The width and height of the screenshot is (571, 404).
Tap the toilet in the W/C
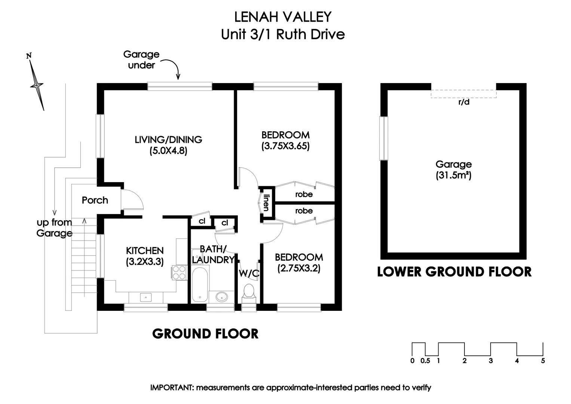tap(249, 292)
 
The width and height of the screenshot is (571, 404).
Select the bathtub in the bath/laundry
tap(200, 284)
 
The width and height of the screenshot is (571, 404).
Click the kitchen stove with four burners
tap(179, 272)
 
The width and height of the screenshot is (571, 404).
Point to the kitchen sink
tap(146, 297)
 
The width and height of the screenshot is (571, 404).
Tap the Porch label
tap(95, 200)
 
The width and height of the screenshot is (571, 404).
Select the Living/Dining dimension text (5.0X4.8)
tap(168, 151)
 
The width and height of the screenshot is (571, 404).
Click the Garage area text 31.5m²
tap(453, 175)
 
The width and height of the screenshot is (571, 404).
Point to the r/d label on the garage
tap(464, 102)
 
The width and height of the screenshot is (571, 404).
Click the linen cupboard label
tap(266, 202)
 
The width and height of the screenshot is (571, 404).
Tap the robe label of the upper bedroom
tap(304, 194)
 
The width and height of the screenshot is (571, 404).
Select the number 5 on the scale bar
tap(543, 361)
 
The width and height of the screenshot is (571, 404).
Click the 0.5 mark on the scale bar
tap(425, 361)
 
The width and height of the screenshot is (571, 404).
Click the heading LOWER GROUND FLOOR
tap(454, 272)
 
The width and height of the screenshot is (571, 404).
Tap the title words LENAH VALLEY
tap(283, 17)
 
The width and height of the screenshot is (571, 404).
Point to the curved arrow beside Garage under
tap(172, 68)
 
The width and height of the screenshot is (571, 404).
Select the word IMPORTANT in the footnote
tap(171, 388)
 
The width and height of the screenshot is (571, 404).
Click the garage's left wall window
tap(384, 138)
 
